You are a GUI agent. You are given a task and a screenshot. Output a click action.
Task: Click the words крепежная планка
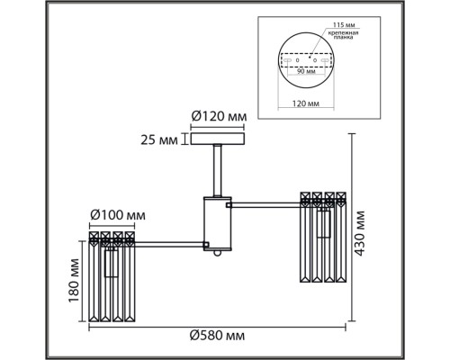(x=342, y=36)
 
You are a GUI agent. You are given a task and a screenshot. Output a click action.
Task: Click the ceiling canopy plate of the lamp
(x=216, y=139)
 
